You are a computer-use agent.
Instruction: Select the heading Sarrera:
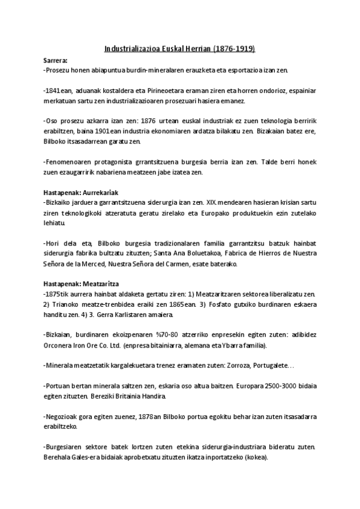[x=56, y=61]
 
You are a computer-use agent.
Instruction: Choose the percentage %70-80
[x=181, y=334]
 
